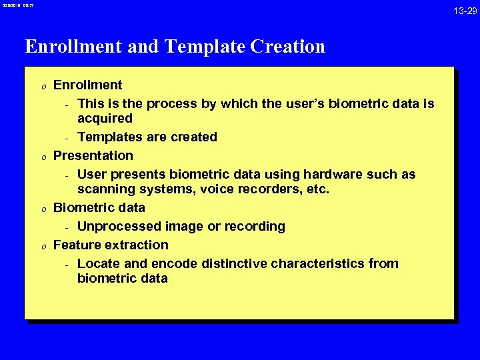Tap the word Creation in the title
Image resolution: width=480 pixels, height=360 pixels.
288,47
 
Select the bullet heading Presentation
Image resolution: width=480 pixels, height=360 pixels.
93,155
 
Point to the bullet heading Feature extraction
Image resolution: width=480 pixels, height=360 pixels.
111,245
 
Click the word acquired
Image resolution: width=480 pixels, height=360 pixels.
105,119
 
